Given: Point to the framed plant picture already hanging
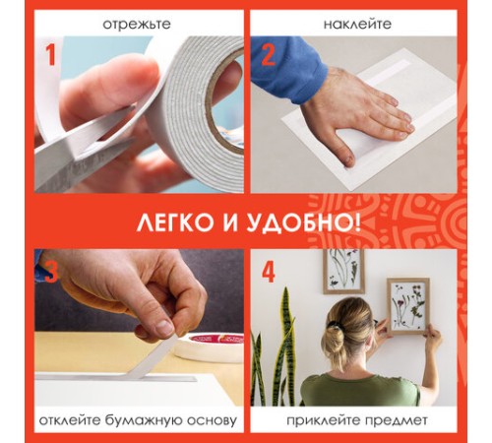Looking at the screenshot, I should (345, 272).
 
